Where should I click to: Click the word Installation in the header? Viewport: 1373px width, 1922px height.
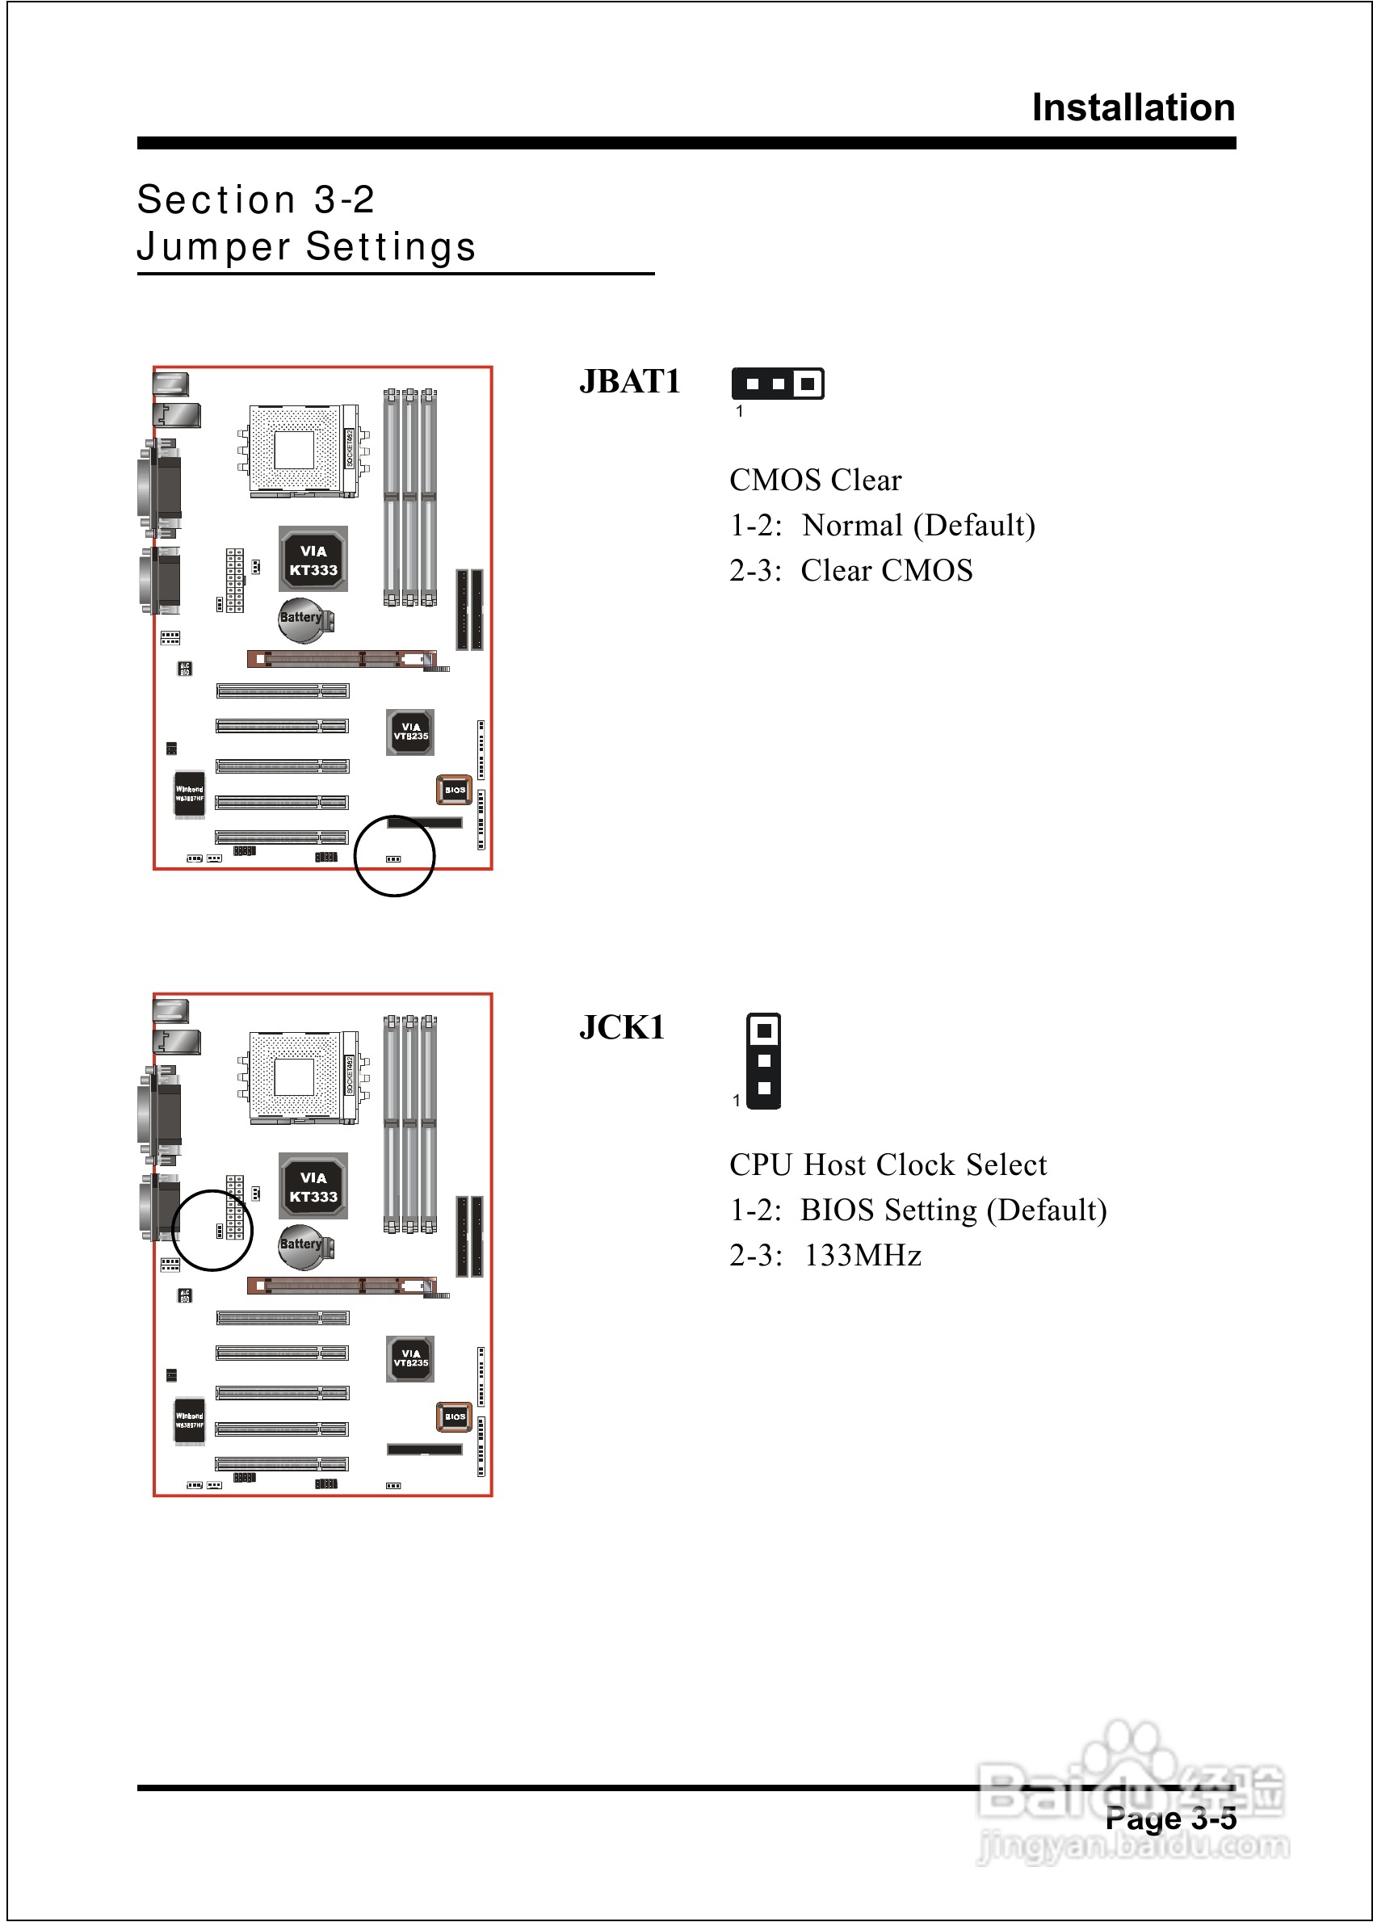pos(1133,108)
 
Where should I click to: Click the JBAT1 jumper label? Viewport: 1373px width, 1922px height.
pos(630,382)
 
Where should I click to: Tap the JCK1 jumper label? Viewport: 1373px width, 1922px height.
pos(622,1028)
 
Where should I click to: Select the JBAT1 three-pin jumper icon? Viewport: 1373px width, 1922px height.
pos(777,384)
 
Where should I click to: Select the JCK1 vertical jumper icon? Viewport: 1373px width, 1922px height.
pos(763,1060)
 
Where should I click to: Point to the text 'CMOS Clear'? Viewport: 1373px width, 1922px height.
pos(815,480)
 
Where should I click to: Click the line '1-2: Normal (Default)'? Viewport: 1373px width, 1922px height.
pos(882,526)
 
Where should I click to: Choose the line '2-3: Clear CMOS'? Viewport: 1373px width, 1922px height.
pos(850,570)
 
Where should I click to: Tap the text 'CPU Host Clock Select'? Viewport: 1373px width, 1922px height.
pos(888,1165)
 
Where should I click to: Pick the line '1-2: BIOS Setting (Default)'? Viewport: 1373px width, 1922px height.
pos(917,1211)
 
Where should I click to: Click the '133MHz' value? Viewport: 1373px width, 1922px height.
pos(863,1256)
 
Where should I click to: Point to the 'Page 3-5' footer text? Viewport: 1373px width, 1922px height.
pos(1170,1819)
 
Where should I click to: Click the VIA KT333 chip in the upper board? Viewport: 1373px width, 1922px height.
pos(313,560)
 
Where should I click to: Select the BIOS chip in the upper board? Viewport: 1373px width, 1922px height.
pos(454,790)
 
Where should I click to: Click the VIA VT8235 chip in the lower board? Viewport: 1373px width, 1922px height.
pos(410,1358)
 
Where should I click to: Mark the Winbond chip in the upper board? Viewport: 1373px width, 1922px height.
pos(189,794)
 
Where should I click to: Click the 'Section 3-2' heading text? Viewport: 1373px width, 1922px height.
pos(255,200)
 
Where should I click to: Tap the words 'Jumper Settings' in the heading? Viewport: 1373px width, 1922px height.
pos(306,247)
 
